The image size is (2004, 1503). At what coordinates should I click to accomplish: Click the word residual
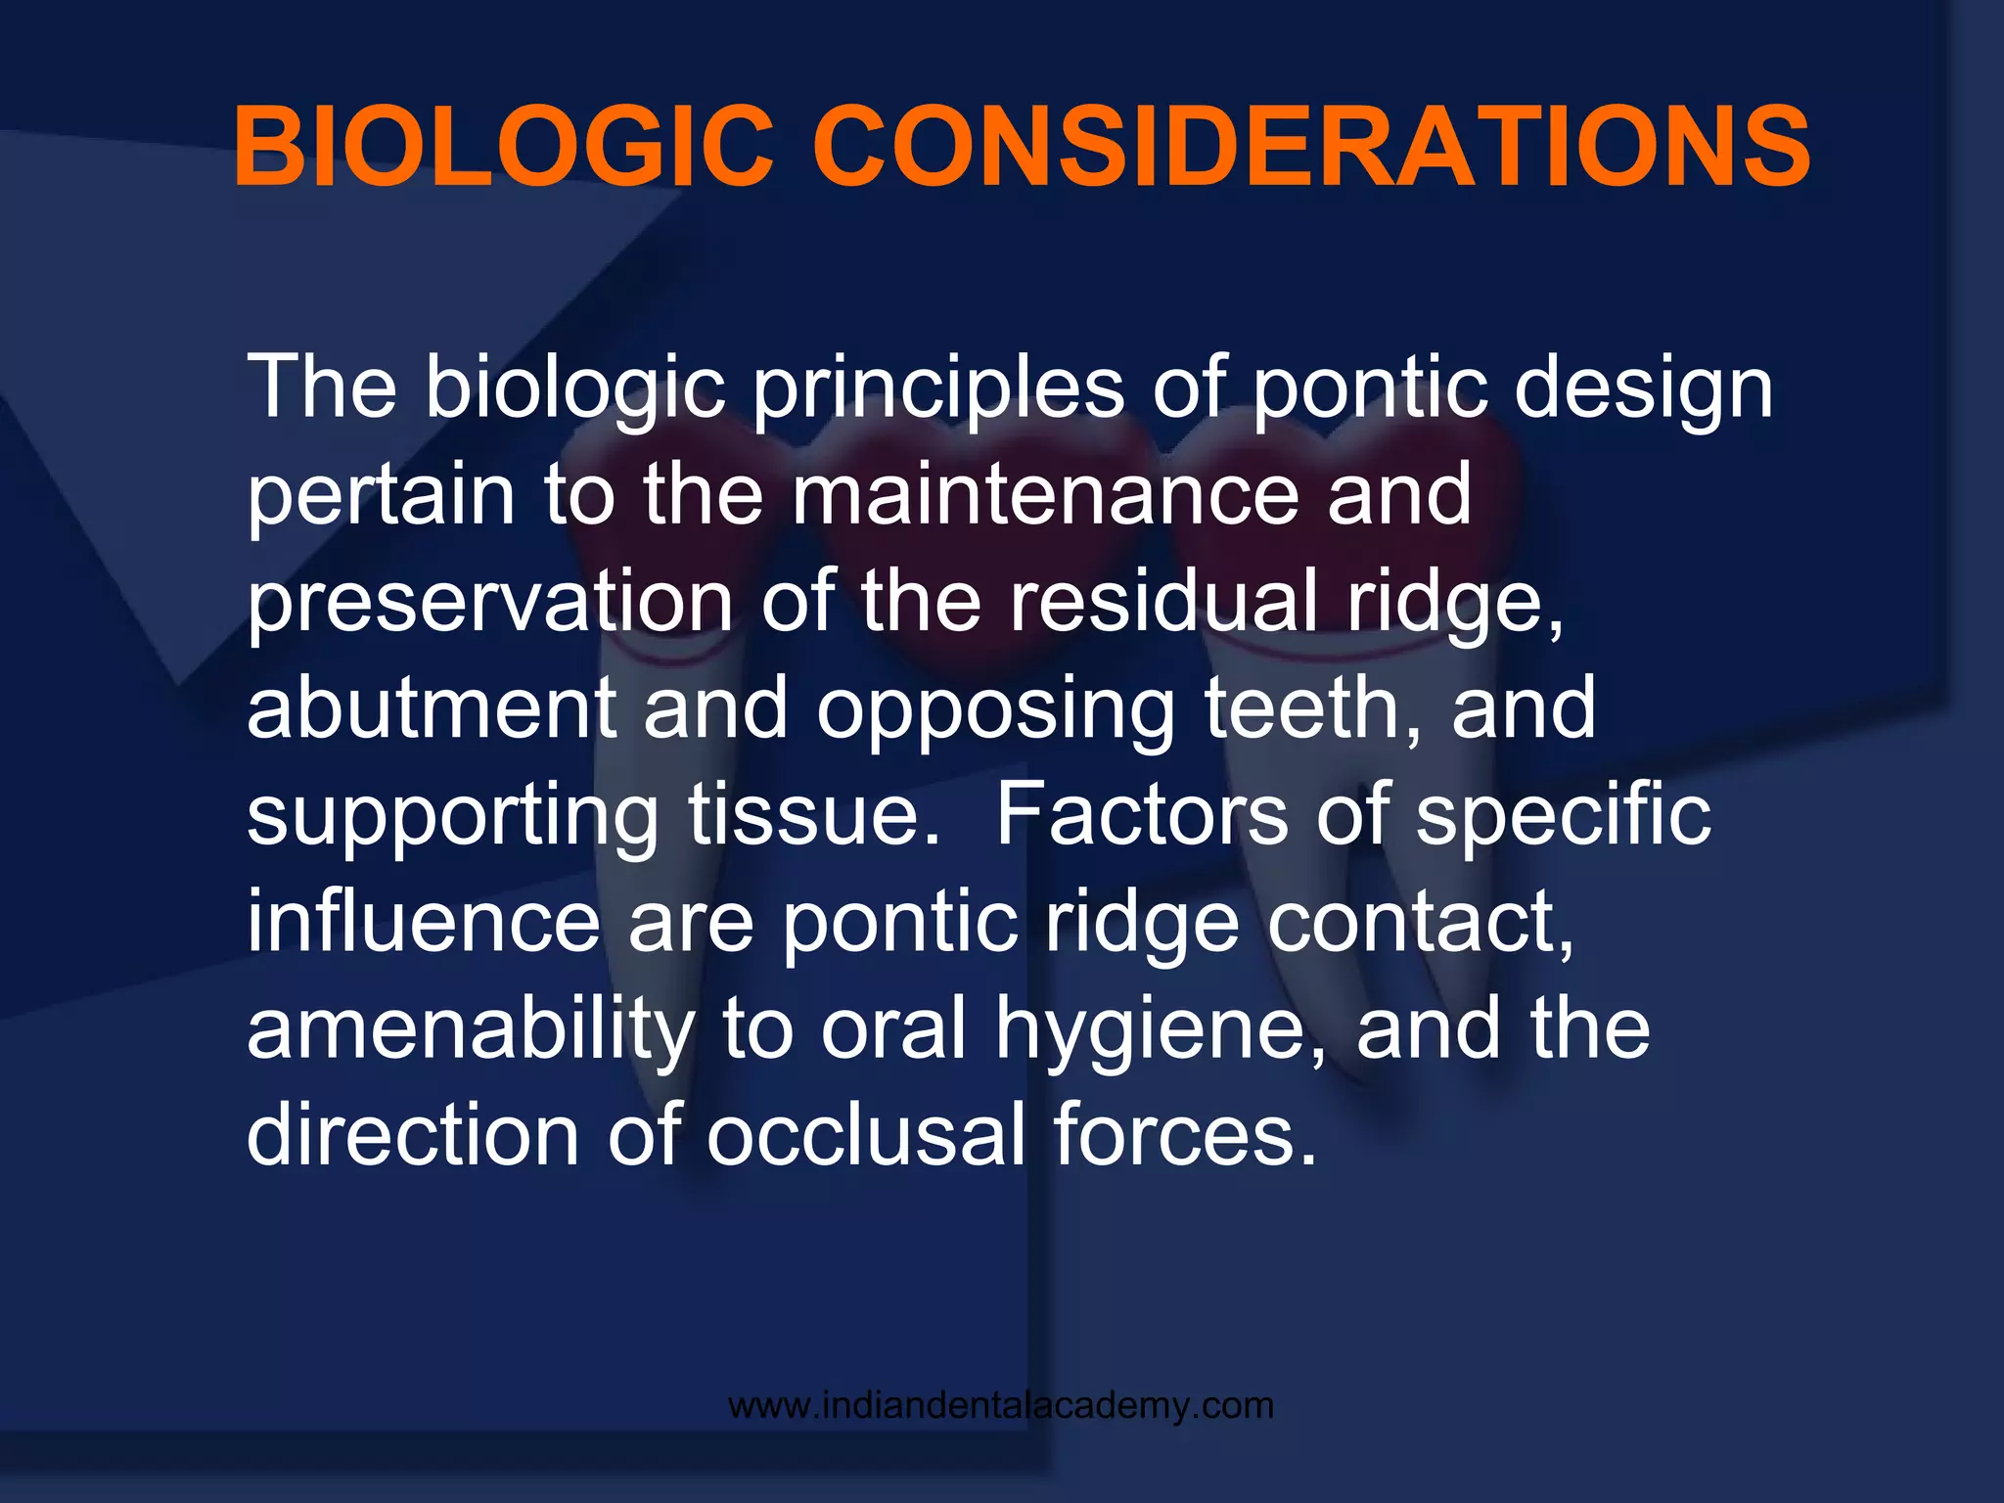coord(1163,602)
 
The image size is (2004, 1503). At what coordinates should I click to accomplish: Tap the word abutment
coord(431,709)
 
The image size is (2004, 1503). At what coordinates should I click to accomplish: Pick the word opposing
coord(996,709)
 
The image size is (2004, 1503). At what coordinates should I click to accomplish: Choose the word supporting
coord(452,817)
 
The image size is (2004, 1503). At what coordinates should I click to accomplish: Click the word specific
coord(1564,817)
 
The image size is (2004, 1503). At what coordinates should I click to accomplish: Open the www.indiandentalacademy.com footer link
coord(1001,1406)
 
